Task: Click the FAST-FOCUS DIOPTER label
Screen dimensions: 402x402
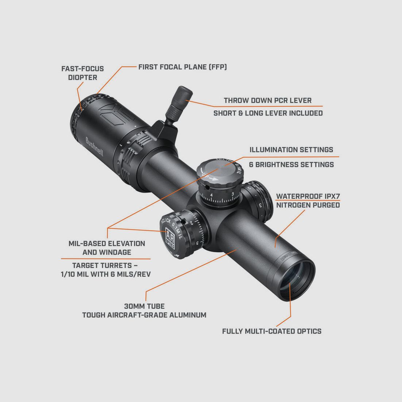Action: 82,73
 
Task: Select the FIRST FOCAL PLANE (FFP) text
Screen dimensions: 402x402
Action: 182,67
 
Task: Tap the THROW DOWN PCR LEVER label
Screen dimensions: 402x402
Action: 268,100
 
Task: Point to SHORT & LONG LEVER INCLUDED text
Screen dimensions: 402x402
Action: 268,113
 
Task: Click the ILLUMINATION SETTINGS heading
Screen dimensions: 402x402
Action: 291,150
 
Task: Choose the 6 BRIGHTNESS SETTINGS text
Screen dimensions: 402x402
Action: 291,164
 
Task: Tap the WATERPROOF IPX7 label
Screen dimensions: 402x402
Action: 308,196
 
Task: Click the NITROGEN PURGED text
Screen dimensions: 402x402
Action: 308,205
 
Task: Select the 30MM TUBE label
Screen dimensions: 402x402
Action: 144,306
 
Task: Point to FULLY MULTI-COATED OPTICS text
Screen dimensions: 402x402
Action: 272,331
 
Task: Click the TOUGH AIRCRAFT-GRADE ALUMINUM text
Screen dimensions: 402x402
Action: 144,315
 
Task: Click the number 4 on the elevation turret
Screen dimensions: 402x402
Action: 212,195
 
